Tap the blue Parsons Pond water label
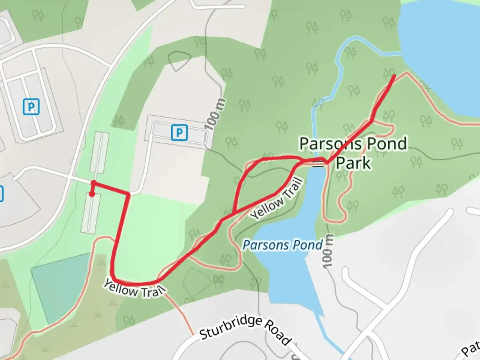tap(283, 245)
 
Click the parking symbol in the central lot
tap(179, 133)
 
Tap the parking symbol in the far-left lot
tap(31, 107)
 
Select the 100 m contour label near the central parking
tap(215, 114)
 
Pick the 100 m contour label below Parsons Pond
tap(328, 251)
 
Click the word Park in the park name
tap(353, 163)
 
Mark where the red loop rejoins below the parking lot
tap(234, 212)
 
